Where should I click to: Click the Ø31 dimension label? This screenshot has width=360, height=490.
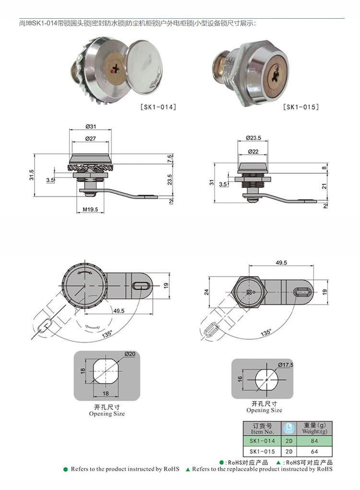coord(91,127)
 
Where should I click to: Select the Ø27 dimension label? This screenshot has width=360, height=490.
coord(91,138)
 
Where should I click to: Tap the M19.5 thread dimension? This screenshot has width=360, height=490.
coord(90,209)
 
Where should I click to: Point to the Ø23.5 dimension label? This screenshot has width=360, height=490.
coord(253,138)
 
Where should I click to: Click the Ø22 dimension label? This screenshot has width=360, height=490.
coord(253,152)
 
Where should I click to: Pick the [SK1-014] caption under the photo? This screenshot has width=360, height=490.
coord(158,107)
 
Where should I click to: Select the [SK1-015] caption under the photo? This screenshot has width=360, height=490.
coord(301,107)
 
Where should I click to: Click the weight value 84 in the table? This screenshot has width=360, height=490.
coord(314,441)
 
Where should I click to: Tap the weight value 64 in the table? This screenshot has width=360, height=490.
coord(314,452)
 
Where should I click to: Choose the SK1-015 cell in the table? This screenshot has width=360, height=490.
coord(262,452)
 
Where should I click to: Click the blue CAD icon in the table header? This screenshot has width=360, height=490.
coord(289,428)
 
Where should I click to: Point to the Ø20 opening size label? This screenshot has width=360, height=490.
coord(130,354)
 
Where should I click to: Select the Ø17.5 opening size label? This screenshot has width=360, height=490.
coord(286,365)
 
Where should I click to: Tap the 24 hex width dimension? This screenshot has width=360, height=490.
coord(206,292)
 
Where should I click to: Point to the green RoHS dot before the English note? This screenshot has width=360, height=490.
coord(66,469)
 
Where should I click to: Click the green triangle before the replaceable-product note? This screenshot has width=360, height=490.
coord(188,469)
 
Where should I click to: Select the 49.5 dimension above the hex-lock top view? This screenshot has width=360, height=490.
coord(281,263)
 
